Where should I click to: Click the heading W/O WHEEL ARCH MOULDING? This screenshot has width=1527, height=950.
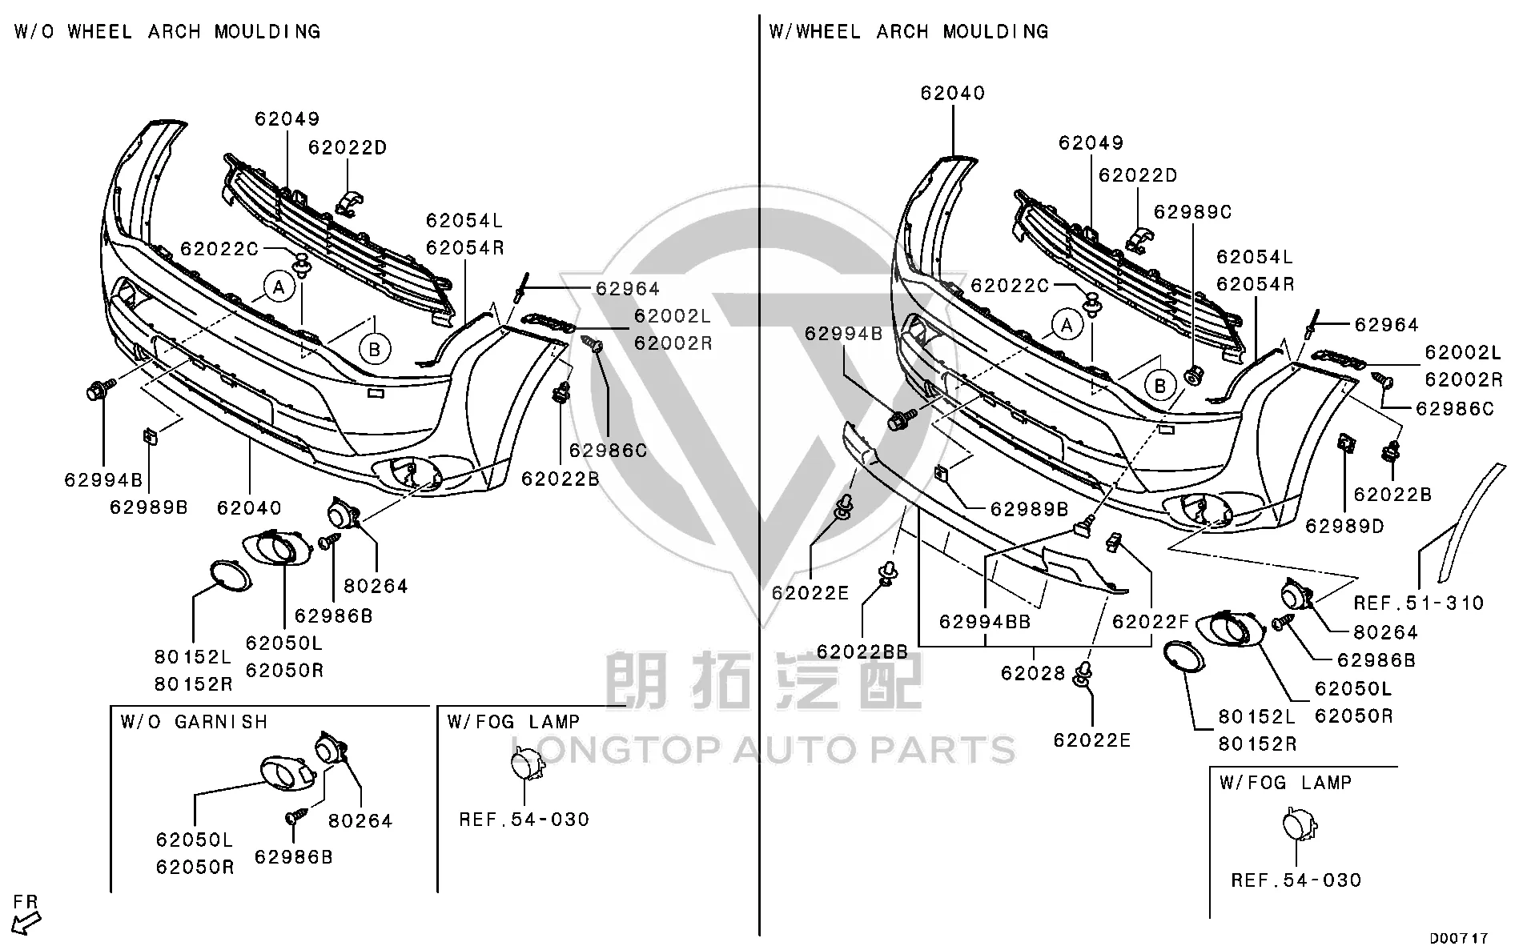167,32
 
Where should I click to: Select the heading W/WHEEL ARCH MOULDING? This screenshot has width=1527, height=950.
909,32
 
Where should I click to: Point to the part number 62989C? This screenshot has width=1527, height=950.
1192,212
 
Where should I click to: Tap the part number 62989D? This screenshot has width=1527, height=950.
1344,527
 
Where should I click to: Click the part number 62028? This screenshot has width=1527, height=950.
1033,673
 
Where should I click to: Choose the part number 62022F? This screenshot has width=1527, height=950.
1151,622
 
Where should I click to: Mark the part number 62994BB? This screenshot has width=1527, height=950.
985,622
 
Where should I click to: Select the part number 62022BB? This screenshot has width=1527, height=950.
862,652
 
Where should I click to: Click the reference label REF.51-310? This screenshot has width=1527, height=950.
1419,603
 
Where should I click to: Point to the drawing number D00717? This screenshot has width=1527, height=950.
1460,938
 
